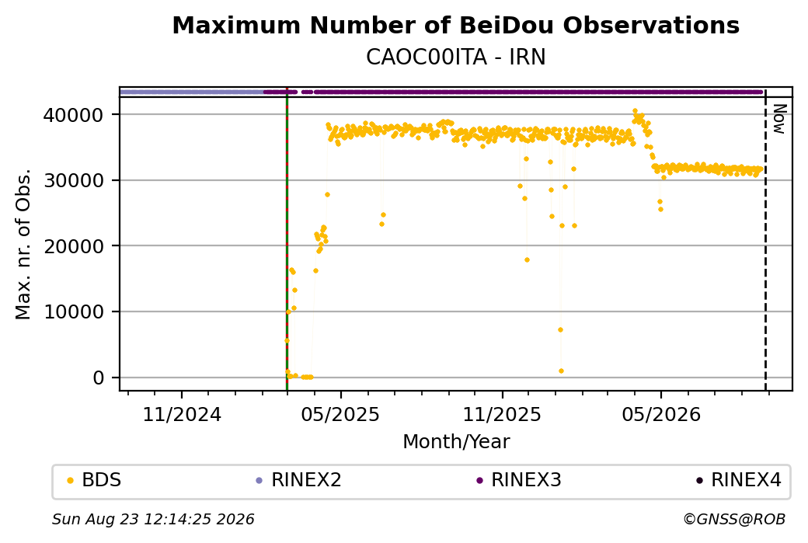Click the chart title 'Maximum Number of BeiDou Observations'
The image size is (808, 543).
coord(455,25)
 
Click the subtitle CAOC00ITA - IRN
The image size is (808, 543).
coord(455,57)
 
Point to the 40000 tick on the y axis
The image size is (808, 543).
coord(73,115)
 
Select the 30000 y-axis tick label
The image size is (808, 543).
coord(73,180)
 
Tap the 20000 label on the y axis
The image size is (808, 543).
coord(73,246)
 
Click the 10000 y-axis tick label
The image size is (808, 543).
coord(73,312)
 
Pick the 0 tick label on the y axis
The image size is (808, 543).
coord(99,378)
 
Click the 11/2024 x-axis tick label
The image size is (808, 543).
coord(181,414)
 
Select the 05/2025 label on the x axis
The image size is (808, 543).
coord(340,414)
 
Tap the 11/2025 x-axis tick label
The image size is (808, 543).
coord(502,414)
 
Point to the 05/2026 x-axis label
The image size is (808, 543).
coord(661,414)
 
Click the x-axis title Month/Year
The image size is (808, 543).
coord(456,442)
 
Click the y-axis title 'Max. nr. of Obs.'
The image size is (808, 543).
coord(23,244)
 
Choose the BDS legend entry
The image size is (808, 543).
coord(94,480)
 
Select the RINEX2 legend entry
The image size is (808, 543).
coord(299,480)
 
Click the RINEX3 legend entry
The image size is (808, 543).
coord(519,480)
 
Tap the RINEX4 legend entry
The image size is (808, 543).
coord(739,480)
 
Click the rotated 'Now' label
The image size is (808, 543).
coord(780,119)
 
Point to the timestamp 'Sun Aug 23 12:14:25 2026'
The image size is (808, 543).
coord(153,519)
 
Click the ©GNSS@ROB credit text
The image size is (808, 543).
coord(734,519)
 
